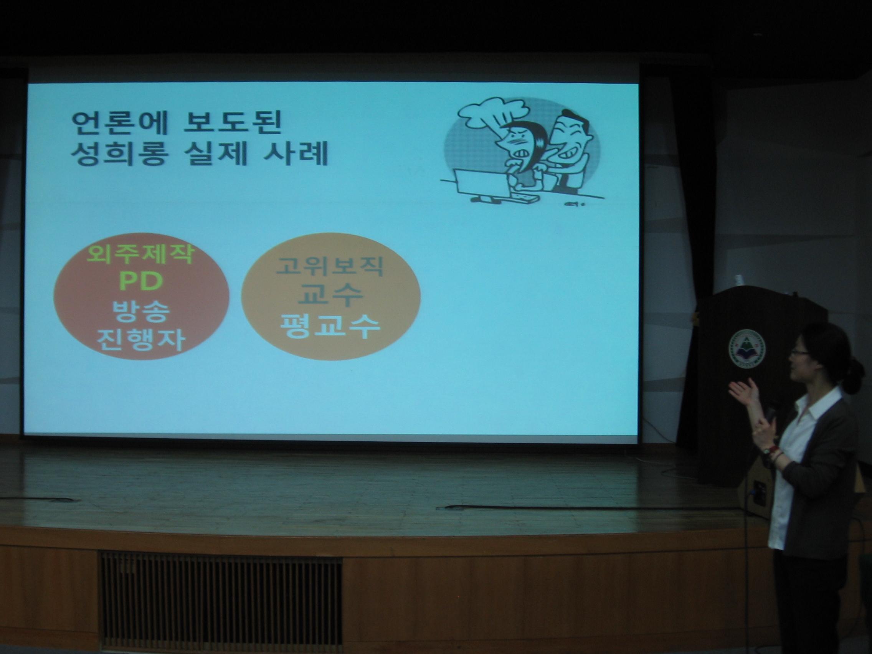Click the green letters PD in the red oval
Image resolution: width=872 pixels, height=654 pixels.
point(141,281)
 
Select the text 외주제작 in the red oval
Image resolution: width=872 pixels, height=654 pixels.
point(141,255)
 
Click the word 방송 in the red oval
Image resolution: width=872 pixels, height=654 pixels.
point(141,311)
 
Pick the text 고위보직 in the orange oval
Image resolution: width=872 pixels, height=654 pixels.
point(330,266)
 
